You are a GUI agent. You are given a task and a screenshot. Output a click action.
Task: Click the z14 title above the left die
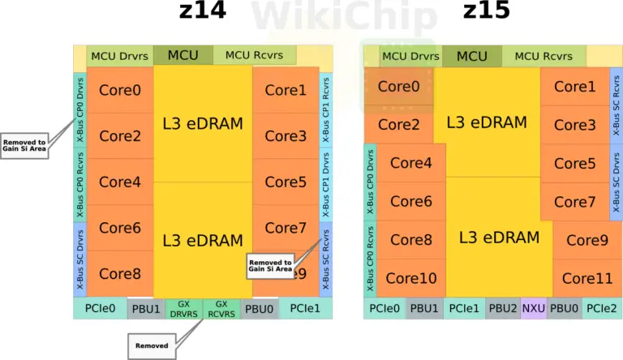click(x=202, y=11)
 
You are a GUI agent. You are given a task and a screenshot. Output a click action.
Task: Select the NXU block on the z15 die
click(x=533, y=308)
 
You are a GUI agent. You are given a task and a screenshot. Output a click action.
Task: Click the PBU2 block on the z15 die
click(x=502, y=308)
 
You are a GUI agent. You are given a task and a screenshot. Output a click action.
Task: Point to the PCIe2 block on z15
click(x=602, y=308)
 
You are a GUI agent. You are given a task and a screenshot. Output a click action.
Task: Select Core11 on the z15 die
click(x=587, y=278)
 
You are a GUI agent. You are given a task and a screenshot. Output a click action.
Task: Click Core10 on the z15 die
click(x=410, y=278)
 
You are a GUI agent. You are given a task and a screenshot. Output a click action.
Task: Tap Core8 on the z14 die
click(x=120, y=274)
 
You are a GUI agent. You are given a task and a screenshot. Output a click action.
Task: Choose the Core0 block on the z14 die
click(x=120, y=90)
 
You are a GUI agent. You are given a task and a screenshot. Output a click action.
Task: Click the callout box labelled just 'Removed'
click(x=152, y=346)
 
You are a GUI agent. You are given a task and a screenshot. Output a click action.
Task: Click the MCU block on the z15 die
click(x=472, y=56)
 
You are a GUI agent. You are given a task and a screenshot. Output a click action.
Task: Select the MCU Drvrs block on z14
click(x=119, y=56)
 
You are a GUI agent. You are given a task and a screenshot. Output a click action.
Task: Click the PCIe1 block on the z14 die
click(x=305, y=308)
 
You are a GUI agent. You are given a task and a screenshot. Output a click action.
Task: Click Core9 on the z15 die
click(x=587, y=240)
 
